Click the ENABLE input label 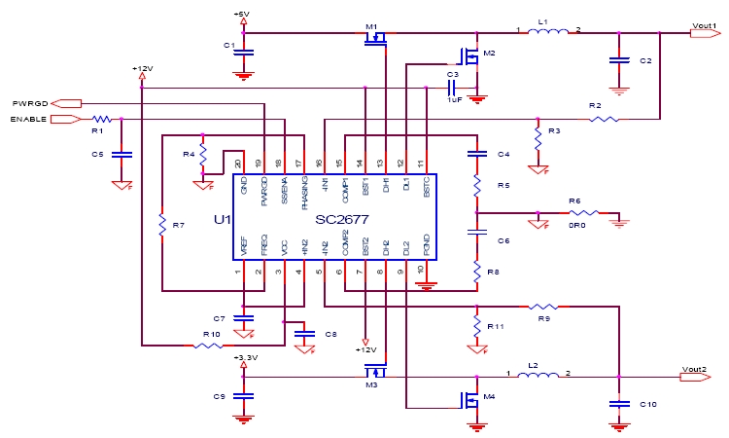pyautogui.click(x=27, y=119)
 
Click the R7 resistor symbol pyautogui.click(x=162, y=227)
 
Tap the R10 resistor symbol pyautogui.click(x=212, y=345)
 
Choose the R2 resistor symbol pyautogui.click(x=604, y=119)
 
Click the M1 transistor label pyautogui.click(x=370, y=26)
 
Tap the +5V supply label pyautogui.click(x=242, y=13)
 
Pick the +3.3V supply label pyautogui.click(x=245, y=358)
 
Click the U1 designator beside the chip pyautogui.click(x=222, y=221)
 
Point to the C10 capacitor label pyautogui.click(x=648, y=404)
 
